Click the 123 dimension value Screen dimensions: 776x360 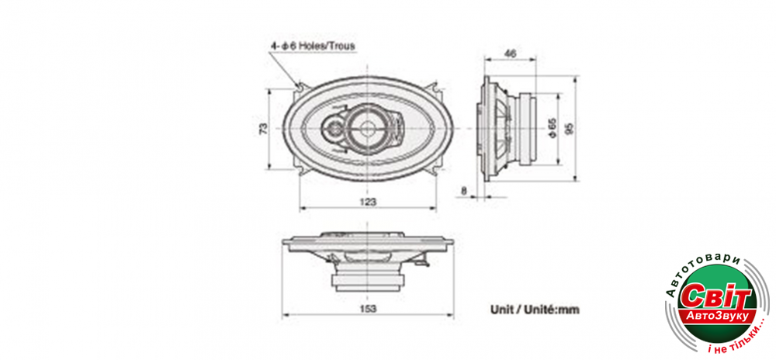[368, 201]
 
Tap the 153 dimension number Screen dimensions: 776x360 [368, 309]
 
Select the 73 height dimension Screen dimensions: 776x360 [264, 129]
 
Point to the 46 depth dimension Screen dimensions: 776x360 [510, 54]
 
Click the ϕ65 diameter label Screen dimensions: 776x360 [553, 128]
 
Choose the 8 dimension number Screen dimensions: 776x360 [463, 189]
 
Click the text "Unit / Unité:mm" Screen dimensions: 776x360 [535, 310]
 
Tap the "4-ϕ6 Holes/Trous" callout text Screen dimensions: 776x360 [312, 46]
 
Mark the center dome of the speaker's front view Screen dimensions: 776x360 [368, 128]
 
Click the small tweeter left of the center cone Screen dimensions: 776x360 [333, 130]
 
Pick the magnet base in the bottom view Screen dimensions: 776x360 [368, 282]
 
